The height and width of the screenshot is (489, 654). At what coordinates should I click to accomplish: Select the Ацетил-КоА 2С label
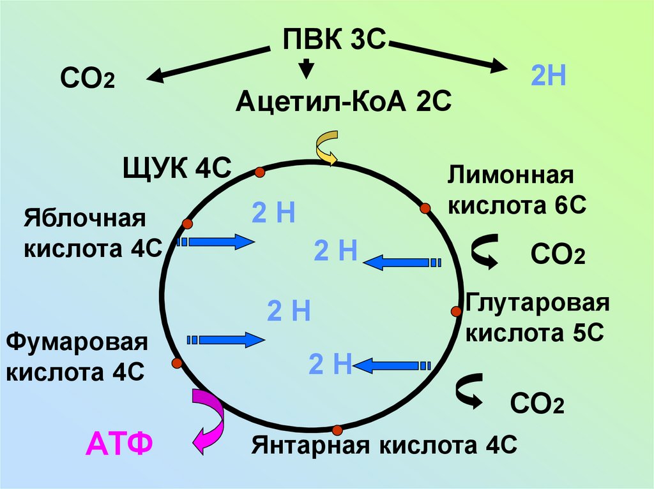coord(343,101)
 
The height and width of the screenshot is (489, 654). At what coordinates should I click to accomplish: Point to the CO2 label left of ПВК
coord(87,80)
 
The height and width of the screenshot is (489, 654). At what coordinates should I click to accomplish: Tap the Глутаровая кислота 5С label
coord(537,317)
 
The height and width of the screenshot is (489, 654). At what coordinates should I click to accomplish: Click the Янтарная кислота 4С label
coord(384,444)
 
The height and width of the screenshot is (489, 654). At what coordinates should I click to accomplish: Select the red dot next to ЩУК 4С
coord(259,172)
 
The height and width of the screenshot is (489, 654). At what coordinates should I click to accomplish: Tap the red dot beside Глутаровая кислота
coord(456,311)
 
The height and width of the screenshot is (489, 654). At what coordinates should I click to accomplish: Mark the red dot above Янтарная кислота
coord(337,429)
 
